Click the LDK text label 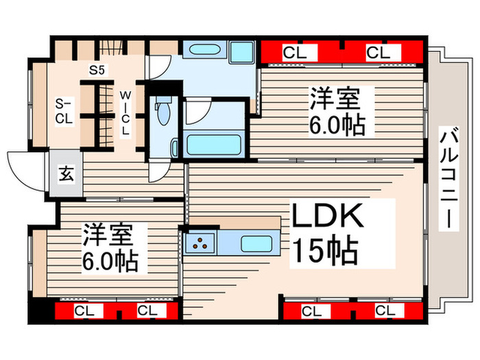327,219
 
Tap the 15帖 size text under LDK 326,252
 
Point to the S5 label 97,69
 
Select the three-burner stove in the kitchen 201,243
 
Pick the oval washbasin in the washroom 202,51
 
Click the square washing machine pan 241,53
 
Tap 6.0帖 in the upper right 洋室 336,125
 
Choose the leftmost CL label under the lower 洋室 84,311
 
